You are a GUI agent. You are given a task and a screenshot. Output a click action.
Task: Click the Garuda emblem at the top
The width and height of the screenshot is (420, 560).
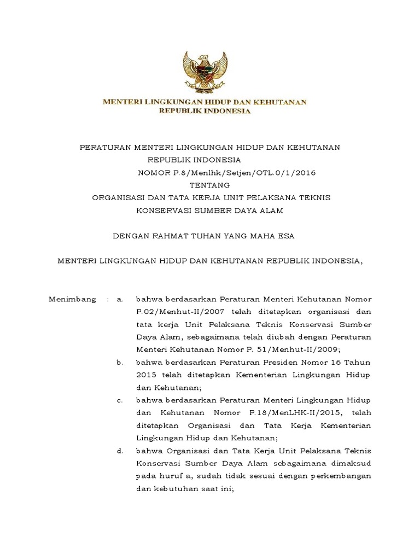(205, 73)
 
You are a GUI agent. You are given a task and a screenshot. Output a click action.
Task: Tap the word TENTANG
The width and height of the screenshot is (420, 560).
(211, 185)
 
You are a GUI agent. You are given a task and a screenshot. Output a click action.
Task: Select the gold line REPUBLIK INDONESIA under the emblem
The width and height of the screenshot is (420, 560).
(205, 111)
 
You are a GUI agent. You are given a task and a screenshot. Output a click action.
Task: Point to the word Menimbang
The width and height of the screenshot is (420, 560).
(72, 300)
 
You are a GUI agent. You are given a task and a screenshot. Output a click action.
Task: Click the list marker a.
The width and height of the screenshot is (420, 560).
(119, 300)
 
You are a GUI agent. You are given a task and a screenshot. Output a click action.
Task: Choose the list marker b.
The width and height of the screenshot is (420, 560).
(119, 362)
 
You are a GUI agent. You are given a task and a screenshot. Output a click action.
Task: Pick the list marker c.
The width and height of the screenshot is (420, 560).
(119, 400)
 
